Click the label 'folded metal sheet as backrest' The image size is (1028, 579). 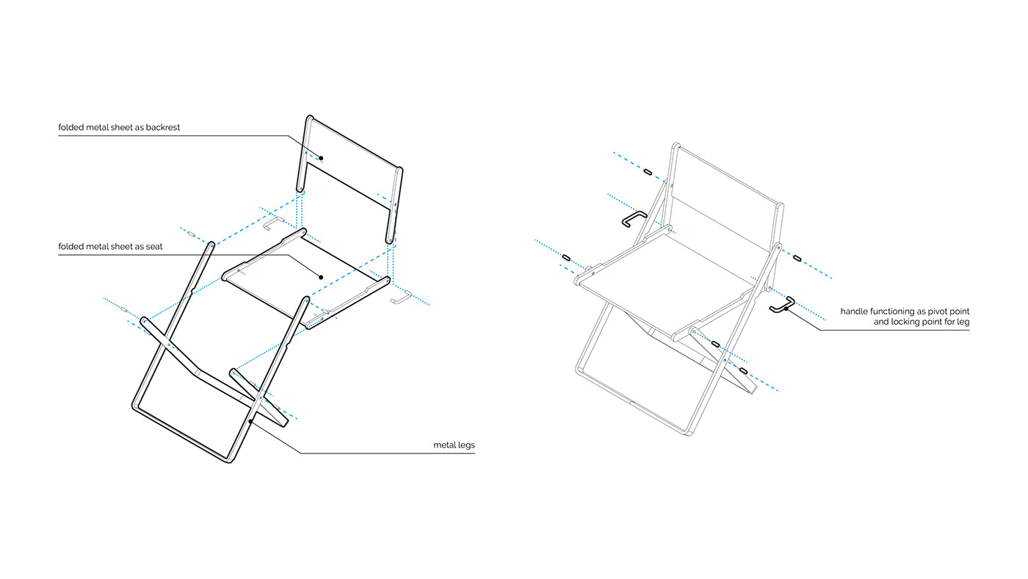[x=119, y=127]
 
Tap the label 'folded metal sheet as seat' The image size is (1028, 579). [x=110, y=246]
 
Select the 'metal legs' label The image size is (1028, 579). [x=454, y=445]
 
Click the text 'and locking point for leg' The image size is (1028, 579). [x=922, y=322]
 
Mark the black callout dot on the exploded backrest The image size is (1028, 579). [x=321, y=158]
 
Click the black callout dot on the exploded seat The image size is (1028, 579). [x=321, y=276]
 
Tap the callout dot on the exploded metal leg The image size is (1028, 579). [x=251, y=421]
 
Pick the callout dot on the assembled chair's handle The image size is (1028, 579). [x=786, y=309]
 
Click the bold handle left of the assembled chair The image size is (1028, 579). [x=633, y=219]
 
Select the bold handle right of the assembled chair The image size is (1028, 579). [x=782, y=303]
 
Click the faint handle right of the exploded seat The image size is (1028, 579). [x=401, y=297]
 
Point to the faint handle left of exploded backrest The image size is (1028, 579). [x=274, y=221]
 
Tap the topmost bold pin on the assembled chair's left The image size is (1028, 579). [x=647, y=172]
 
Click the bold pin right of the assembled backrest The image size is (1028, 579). [x=797, y=258]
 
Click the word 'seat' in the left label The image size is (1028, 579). [x=154, y=246]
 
